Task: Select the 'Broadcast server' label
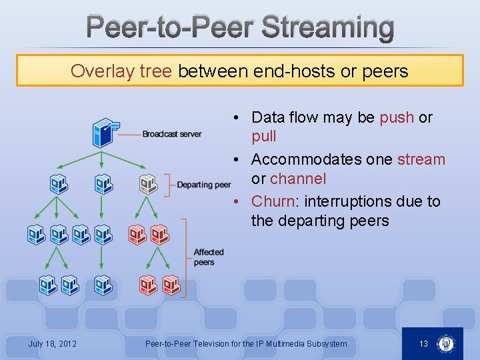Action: click(x=172, y=134)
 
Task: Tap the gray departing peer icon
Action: click(x=148, y=184)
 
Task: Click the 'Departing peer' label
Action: click(x=204, y=185)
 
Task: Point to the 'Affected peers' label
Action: click(x=209, y=257)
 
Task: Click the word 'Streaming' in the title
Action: click(x=327, y=28)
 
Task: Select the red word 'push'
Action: click(x=397, y=118)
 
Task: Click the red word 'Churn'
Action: click(x=273, y=201)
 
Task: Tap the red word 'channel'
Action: click(x=298, y=179)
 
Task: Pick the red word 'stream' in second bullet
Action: click(x=421, y=160)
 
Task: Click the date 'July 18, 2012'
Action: click(x=52, y=344)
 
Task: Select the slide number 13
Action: click(x=423, y=344)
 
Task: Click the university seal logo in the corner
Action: click(x=445, y=344)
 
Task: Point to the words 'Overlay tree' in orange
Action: click(x=121, y=71)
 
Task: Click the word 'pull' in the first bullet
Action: click(x=263, y=137)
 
